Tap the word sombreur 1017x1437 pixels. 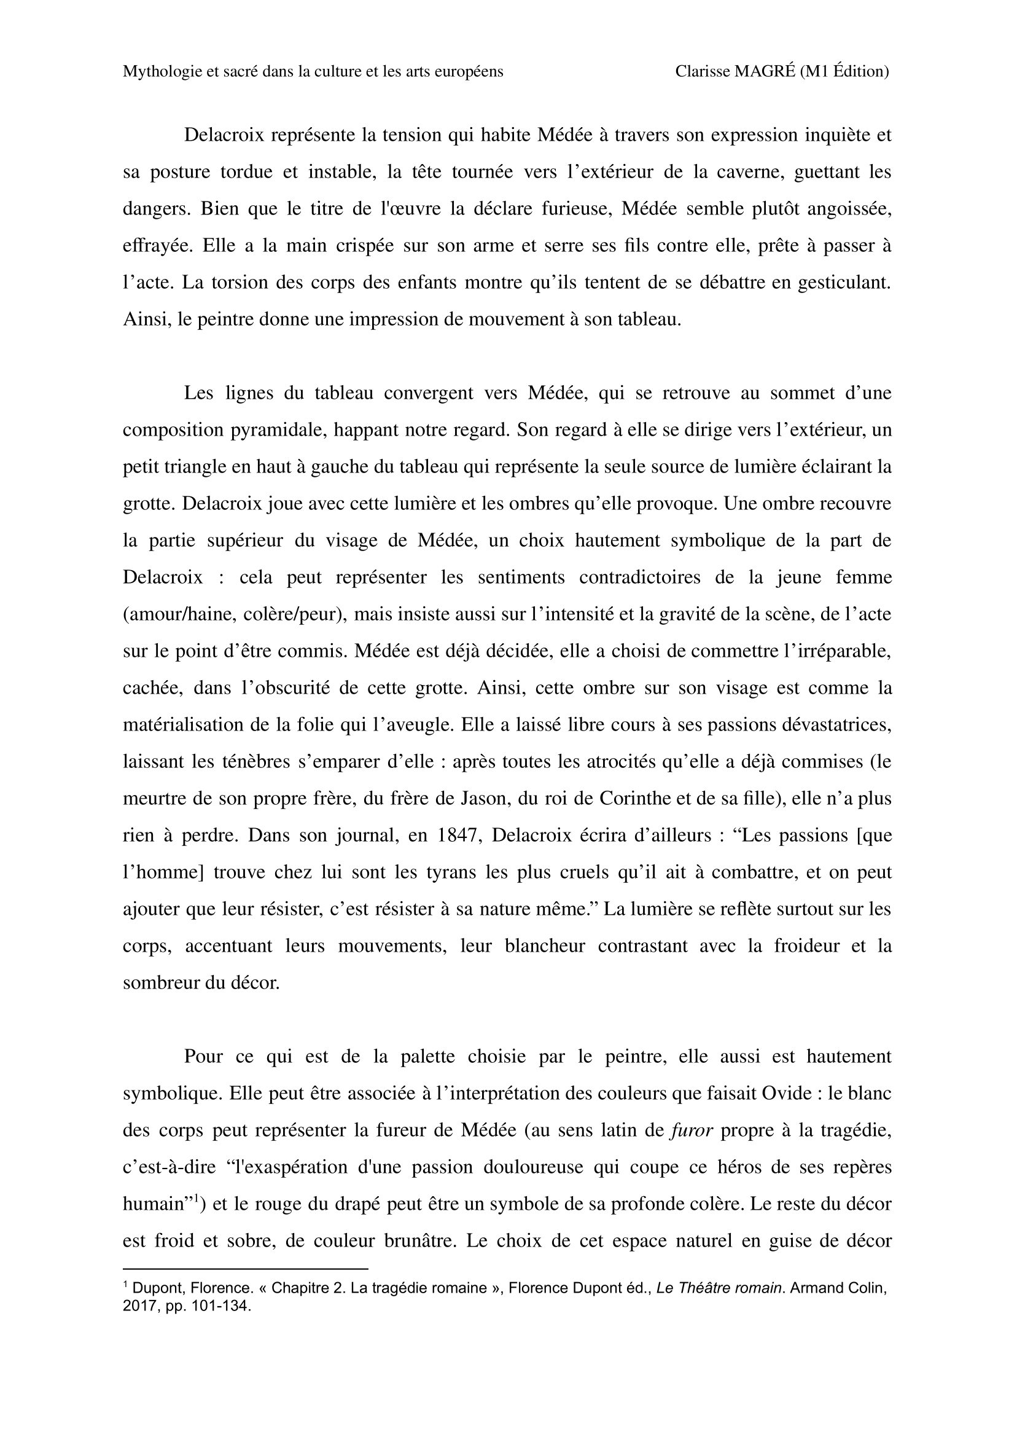[x=160, y=984]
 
